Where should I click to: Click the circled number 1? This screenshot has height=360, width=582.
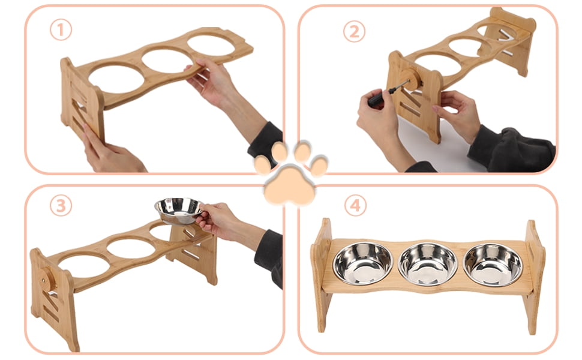61,29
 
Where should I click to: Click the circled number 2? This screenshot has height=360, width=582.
355,32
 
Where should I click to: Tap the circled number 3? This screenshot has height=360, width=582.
61,206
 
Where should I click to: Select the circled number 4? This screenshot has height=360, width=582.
356,205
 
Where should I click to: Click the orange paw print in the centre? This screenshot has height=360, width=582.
290,173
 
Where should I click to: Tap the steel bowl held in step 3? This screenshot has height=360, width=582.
179,211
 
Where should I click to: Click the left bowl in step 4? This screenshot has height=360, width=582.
362,263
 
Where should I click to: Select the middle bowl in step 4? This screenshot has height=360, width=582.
428,264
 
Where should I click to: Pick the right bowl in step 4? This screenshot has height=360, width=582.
493,265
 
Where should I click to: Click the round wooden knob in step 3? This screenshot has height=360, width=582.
46,279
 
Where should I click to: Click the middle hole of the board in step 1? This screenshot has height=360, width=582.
167,61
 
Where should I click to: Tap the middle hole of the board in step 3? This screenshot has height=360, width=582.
131,248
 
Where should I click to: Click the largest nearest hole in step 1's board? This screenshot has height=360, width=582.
116,79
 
